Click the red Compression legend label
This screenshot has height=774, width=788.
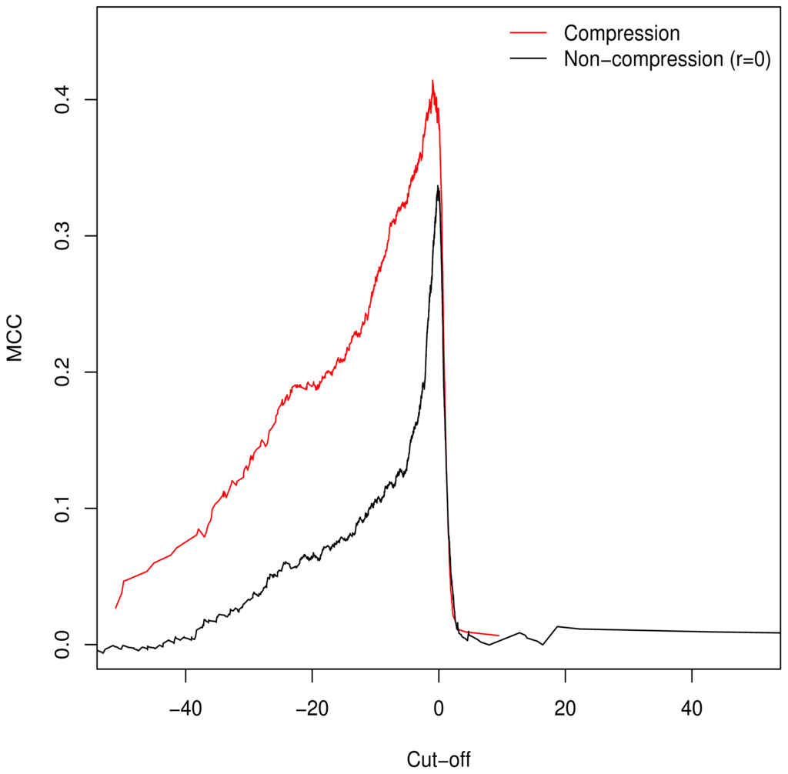pyautogui.click(x=622, y=34)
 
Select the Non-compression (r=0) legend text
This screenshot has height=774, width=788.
pyautogui.click(x=667, y=59)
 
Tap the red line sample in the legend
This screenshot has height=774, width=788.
pyautogui.click(x=527, y=34)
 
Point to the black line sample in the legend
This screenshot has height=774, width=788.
pyautogui.click(x=527, y=59)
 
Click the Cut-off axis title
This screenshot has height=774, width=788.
pyautogui.click(x=438, y=759)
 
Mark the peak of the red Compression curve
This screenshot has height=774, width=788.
pyautogui.click(x=432, y=80)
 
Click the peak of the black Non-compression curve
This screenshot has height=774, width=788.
pyautogui.click(x=438, y=185)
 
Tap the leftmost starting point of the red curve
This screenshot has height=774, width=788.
pyautogui.click(x=116, y=608)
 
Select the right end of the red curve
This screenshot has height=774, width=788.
pyautogui.click(x=499, y=636)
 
